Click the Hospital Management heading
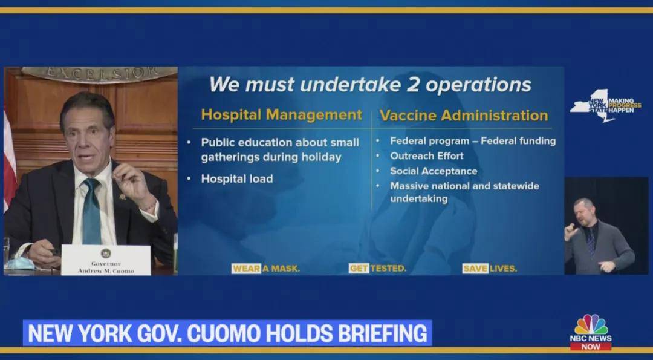(x=282, y=115)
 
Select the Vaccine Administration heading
(x=464, y=116)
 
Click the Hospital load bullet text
(x=237, y=178)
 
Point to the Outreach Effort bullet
(x=426, y=156)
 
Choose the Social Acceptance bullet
(x=434, y=171)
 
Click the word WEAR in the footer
(x=246, y=269)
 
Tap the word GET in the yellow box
(x=359, y=269)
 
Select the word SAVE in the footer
(x=475, y=269)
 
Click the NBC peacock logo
(x=591, y=324)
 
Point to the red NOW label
(x=591, y=346)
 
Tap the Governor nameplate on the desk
(x=106, y=260)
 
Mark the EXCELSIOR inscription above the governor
(x=100, y=74)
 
